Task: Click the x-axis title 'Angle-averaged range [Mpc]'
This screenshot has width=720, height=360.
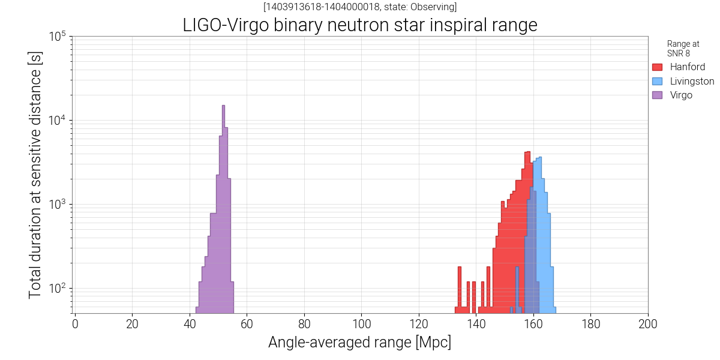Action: [359, 343]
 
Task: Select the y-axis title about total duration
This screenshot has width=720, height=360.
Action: [35, 175]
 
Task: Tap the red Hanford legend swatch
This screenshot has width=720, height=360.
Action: [657, 67]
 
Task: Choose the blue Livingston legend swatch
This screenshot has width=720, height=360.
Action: [657, 81]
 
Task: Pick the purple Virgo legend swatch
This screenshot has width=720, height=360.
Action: [657, 95]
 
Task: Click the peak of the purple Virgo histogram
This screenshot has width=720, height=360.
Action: [223, 107]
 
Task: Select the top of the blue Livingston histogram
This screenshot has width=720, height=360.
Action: [540, 158]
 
